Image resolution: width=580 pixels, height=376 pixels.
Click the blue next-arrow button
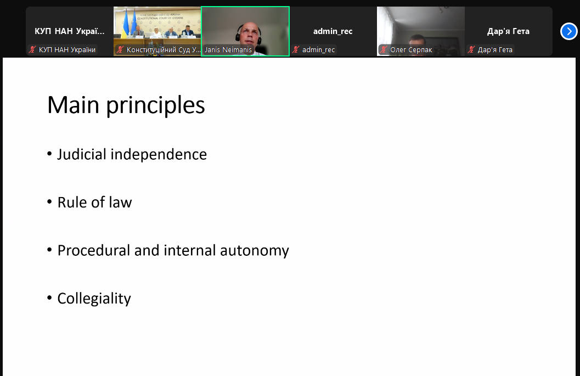[x=569, y=31]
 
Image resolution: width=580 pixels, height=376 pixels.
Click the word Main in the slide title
[x=73, y=105]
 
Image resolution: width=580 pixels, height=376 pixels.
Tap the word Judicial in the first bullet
[x=82, y=154]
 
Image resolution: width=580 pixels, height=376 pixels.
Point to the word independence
[x=159, y=154]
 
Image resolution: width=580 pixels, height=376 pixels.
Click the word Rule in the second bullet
[x=72, y=203]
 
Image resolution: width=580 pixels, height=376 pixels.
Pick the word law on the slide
[x=120, y=203]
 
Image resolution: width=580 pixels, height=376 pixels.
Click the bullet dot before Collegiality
[x=49, y=298]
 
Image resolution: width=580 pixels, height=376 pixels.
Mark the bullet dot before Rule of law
[x=49, y=201]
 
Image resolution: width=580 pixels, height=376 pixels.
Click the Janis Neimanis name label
[x=228, y=49]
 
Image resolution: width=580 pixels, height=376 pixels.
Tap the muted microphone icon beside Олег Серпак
[x=384, y=49]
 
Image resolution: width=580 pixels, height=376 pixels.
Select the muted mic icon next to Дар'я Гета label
[x=471, y=49]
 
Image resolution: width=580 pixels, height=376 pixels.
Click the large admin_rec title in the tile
[x=333, y=31]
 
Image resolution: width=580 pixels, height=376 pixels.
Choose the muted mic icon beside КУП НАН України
[x=32, y=49]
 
